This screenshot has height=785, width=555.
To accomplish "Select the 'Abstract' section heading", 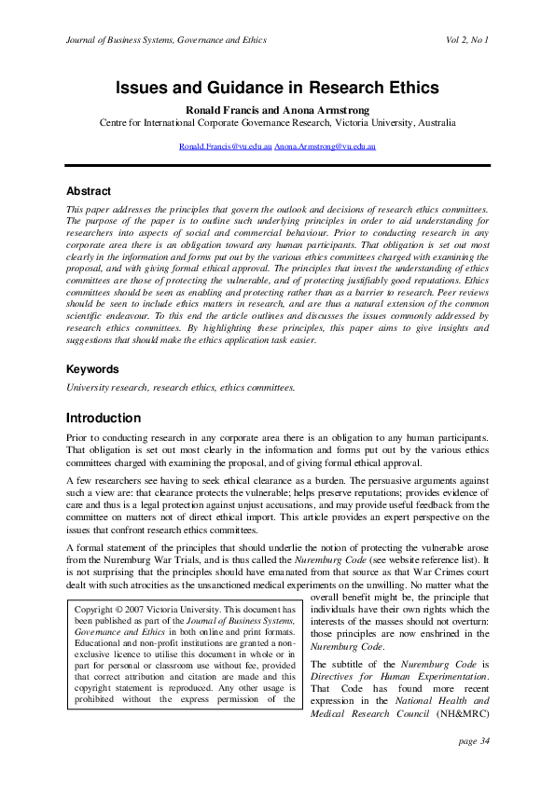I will (89, 191).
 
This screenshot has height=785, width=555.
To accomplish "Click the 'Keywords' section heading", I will (93, 369).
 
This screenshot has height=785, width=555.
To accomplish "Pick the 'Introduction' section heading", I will (104, 419).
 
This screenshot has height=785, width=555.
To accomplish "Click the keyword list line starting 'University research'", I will (180, 387).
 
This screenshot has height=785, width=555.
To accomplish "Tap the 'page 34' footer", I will (473, 741).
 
